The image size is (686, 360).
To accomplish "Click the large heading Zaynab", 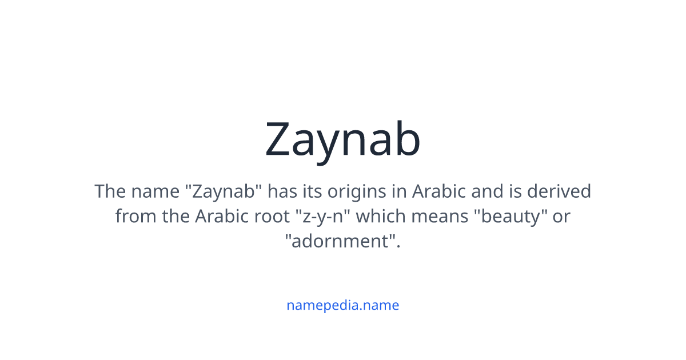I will [342, 140].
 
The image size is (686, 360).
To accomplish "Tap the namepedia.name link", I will [342, 305].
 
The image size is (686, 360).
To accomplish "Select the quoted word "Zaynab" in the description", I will [224, 191].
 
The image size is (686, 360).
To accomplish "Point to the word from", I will [131, 217].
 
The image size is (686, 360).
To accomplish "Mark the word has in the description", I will [282, 191].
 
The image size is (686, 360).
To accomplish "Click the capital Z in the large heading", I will [281, 140].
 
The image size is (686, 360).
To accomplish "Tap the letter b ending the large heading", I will [407, 140].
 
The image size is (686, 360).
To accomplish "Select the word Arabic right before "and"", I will [439, 191].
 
